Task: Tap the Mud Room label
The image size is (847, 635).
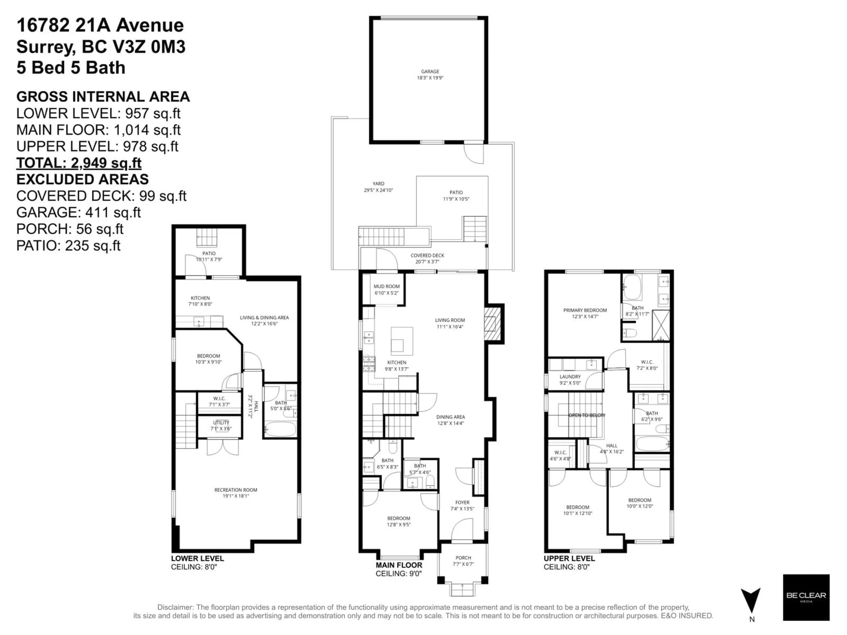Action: pyautogui.click(x=386, y=286)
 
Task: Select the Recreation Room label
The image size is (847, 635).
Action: pyautogui.click(x=236, y=490)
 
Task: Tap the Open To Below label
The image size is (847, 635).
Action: pyautogui.click(x=587, y=415)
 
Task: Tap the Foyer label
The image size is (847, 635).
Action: pyautogui.click(x=462, y=502)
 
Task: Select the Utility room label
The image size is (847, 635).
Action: pyautogui.click(x=221, y=423)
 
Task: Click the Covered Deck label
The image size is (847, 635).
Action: pyautogui.click(x=427, y=255)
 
